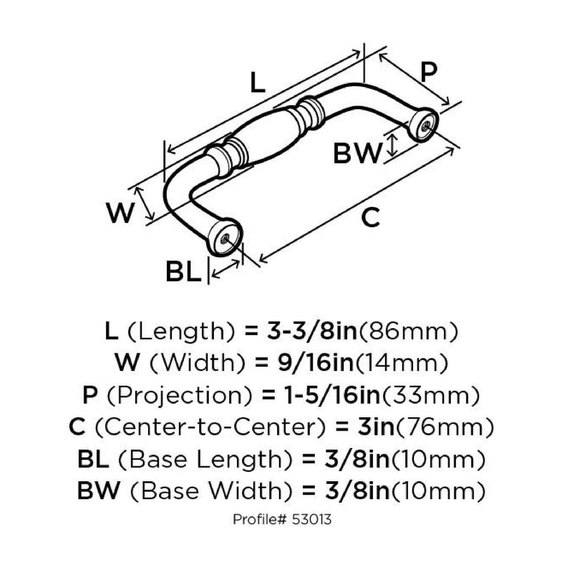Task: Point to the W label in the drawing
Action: (x=119, y=212)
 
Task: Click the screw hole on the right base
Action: (x=426, y=124)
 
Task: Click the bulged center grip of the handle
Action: (x=269, y=133)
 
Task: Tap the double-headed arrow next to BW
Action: (x=393, y=147)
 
